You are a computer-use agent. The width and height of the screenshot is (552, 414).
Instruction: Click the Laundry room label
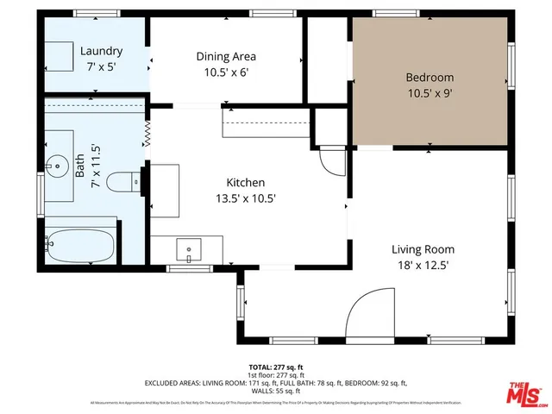(102, 51)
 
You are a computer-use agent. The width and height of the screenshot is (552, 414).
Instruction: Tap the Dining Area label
(226, 57)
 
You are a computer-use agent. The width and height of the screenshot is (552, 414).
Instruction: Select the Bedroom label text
(430, 78)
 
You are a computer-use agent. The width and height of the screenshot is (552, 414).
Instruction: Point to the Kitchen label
(246, 183)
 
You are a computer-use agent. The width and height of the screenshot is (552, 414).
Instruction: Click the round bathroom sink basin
(57, 165)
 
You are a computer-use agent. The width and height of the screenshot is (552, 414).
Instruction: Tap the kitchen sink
(189, 251)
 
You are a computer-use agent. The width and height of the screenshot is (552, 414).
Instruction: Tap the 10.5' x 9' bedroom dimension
(430, 93)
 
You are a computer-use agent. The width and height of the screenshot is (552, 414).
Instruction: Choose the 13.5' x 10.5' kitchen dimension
(246, 198)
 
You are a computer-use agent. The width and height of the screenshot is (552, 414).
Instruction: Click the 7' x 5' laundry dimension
(102, 66)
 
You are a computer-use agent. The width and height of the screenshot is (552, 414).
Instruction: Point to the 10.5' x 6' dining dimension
(226, 72)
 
